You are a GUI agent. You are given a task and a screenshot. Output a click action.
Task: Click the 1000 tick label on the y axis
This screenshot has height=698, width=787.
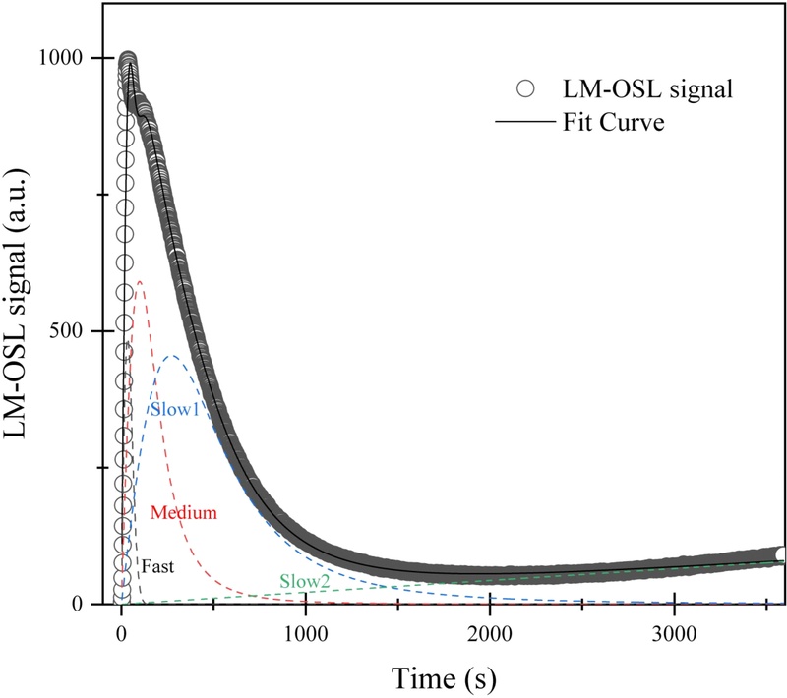pyautogui.click(x=59, y=58)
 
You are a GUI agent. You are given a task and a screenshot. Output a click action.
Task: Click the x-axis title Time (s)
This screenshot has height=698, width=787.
pyautogui.click(x=444, y=677)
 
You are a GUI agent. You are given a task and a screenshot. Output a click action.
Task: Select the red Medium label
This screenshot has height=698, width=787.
pyautogui.click(x=183, y=512)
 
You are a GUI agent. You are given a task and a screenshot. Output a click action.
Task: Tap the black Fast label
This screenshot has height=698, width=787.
pyautogui.click(x=158, y=567)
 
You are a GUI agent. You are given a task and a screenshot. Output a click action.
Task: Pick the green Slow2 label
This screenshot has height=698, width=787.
pyautogui.click(x=304, y=581)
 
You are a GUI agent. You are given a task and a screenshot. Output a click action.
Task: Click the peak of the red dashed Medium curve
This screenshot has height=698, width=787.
pyautogui.click(x=140, y=281)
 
